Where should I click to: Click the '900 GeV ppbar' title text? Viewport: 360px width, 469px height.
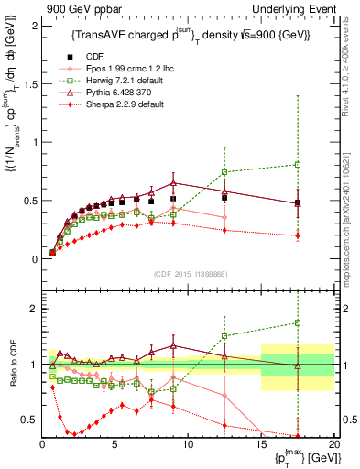75,8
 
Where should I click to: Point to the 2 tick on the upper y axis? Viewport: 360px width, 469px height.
35,25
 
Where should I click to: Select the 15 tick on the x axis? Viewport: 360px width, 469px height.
261,446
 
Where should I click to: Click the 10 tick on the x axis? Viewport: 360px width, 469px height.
188,446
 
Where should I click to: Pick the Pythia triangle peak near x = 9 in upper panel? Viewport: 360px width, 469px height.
173,182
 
